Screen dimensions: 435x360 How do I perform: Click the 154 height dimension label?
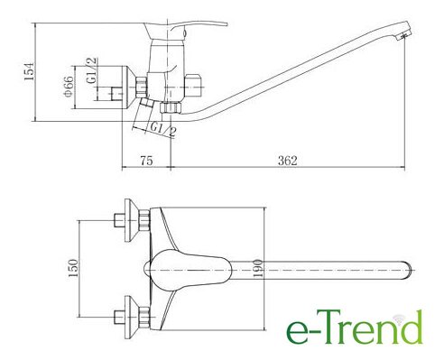pos(30,71)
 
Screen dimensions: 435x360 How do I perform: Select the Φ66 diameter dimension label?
pos(69,87)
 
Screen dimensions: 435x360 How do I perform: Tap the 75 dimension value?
pos(146,161)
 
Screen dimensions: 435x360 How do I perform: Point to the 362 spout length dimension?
pos(287,161)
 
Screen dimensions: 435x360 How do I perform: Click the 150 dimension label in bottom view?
pos(73,268)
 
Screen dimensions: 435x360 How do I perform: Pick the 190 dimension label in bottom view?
pos(258,269)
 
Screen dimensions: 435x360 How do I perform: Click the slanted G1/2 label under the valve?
pos(162,129)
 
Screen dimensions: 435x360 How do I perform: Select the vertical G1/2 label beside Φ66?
pos(91,70)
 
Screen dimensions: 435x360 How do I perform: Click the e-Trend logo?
pos(355,328)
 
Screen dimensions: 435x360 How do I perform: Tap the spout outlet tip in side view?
pos(403,36)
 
